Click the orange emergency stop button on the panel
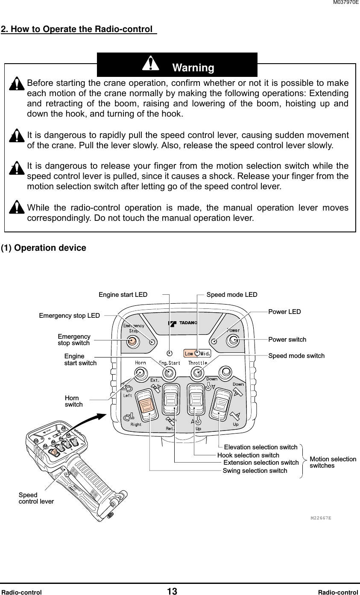132,340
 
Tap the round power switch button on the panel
233,340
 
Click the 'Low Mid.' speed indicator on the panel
197,353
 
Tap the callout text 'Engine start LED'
123,295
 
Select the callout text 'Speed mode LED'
232,295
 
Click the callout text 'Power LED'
284,312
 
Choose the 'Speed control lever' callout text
36,498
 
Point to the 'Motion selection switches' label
333,462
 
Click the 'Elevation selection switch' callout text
260,447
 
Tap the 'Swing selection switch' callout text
255,471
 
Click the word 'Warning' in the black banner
193,68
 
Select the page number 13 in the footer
172,592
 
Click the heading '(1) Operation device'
44,248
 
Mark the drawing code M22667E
321,518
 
